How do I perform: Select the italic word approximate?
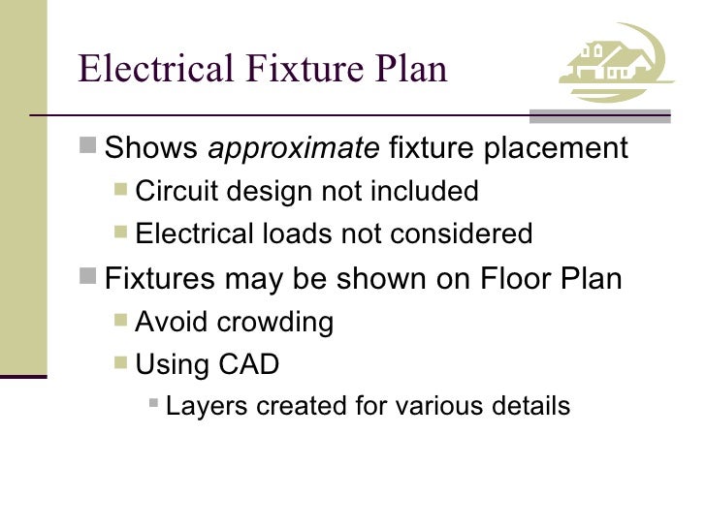point(295,149)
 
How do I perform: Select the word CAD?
point(251,364)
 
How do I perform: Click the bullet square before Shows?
point(89,148)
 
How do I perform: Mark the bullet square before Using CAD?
point(121,363)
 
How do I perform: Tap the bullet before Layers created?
point(153,406)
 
